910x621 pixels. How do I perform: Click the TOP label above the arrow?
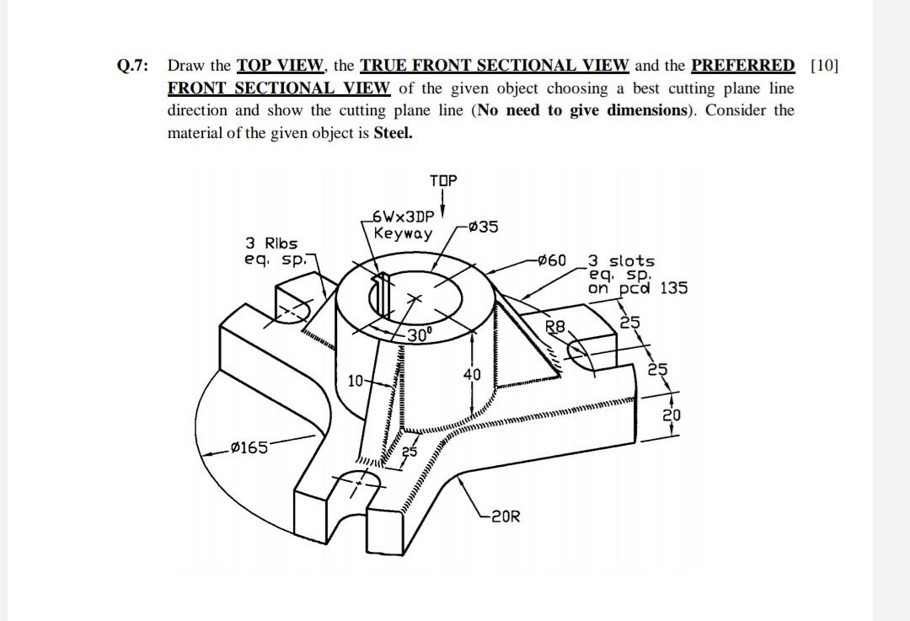point(443,181)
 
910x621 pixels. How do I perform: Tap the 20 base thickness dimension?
point(670,415)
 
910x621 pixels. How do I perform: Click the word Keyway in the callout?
point(403,233)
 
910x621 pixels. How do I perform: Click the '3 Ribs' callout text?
point(271,244)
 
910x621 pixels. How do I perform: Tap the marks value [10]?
point(824,66)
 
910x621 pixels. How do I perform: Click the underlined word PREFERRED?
point(742,66)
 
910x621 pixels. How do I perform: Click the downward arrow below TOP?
point(444,205)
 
